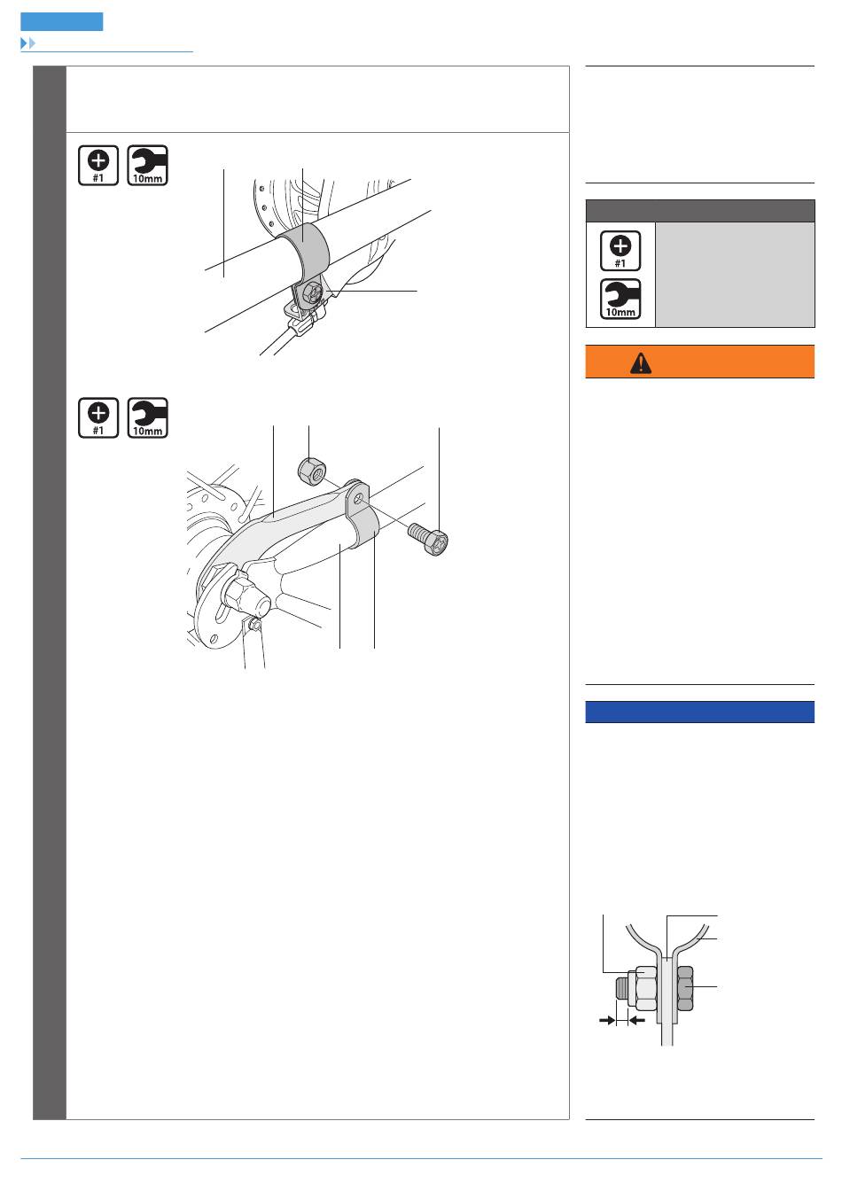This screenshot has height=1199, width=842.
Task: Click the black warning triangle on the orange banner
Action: [x=640, y=362]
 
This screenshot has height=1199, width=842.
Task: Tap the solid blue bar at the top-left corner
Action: [x=61, y=22]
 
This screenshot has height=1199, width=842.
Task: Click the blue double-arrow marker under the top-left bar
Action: [x=27, y=43]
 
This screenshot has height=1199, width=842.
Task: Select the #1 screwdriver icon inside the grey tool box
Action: [x=620, y=251]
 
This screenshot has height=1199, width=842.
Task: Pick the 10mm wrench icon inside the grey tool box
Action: [x=620, y=299]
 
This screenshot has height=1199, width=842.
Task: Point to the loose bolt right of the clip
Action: [x=429, y=537]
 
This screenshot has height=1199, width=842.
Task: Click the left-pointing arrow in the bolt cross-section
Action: [x=635, y=1021]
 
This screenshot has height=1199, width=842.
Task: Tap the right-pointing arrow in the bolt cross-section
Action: [x=607, y=1021]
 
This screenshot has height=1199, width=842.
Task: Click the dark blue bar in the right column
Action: [x=699, y=712]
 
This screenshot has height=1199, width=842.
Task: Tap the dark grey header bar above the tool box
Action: [x=699, y=210]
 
